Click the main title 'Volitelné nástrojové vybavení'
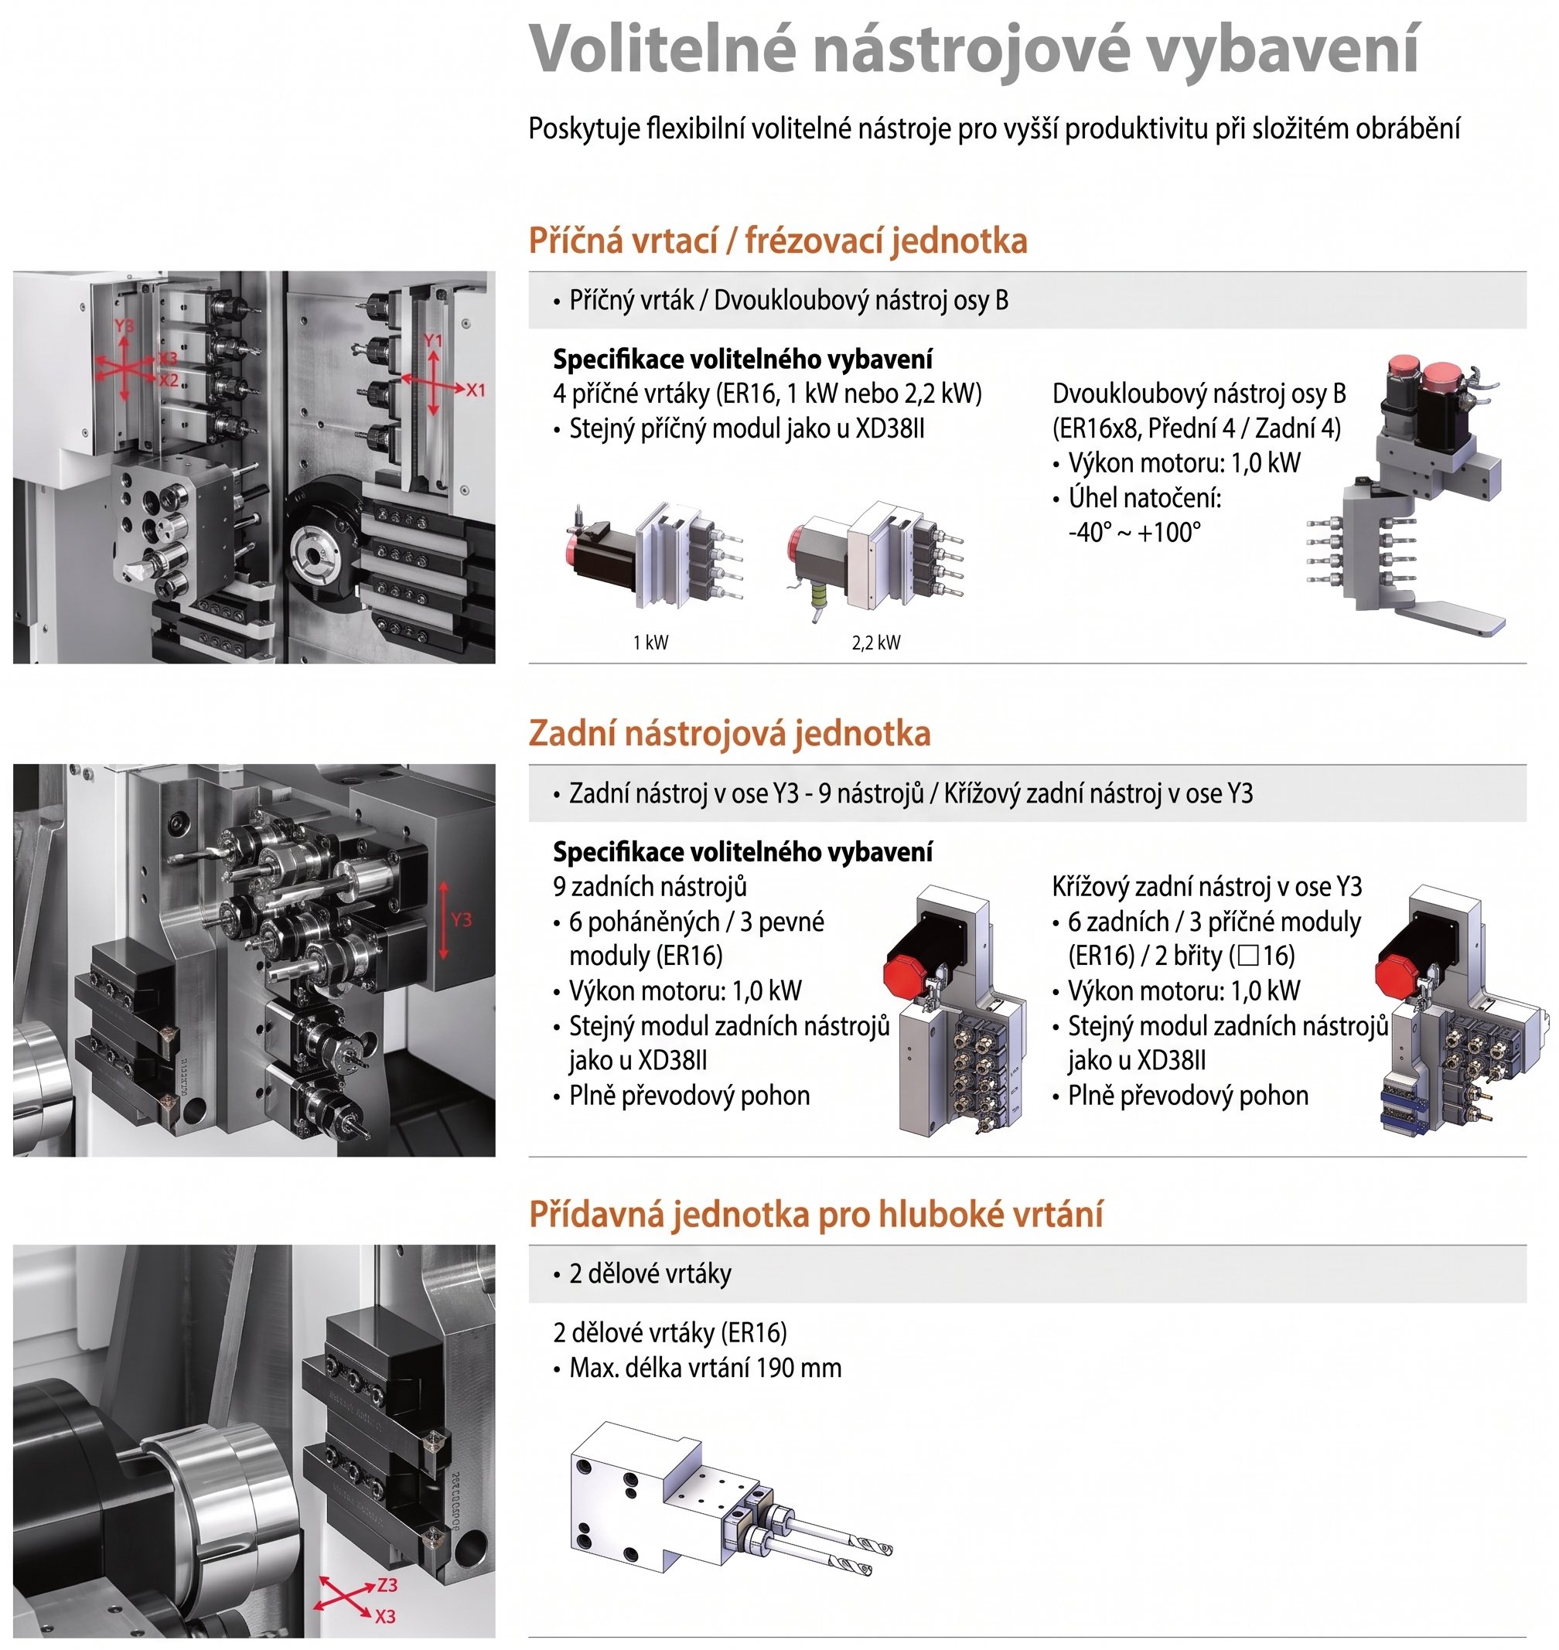[x=973, y=49]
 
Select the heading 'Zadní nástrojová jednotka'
[x=730, y=734]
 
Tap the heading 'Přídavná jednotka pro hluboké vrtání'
[x=816, y=1215]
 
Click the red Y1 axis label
[x=433, y=341]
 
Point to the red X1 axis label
[x=476, y=390]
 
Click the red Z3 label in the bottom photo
[x=387, y=1584]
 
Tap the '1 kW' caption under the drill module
[x=650, y=643]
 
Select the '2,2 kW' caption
[x=876, y=643]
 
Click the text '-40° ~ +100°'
[x=1134, y=532]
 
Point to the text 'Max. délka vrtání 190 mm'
[x=705, y=1368]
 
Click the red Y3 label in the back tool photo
[x=462, y=919]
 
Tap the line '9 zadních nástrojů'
[x=650, y=888]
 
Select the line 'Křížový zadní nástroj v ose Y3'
[x=1206, y=888]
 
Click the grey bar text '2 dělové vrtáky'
[x=650, y=1273]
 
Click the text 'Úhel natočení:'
[x=1145, y=498]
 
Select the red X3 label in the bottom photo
[x=385, y=1617]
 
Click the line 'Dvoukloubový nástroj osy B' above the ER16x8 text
[x=1199, y=394]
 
